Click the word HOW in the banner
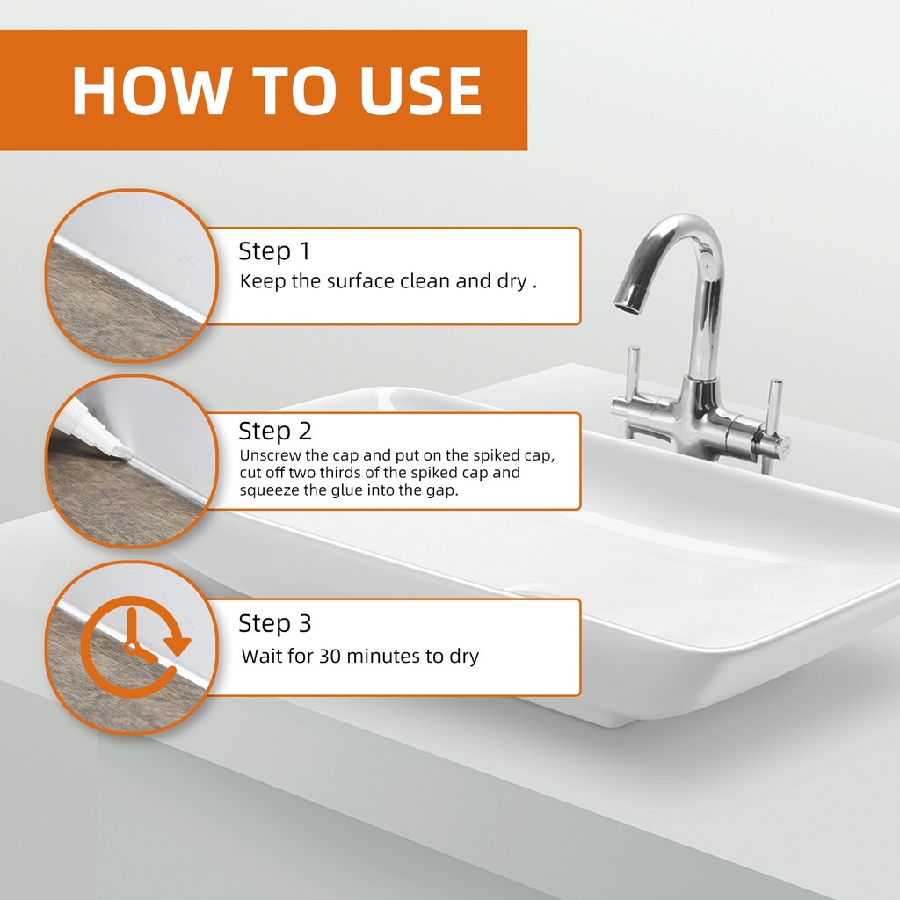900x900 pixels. [x=150, y=91]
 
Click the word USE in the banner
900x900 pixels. [x=420, y=91]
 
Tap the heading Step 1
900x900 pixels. [x=274, y=251]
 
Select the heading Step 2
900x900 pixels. [x=275, y=431]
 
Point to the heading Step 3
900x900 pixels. [x=275, y=623]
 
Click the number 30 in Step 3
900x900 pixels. [x=330, y=656]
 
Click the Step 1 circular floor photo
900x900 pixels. [x=132, y=275]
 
